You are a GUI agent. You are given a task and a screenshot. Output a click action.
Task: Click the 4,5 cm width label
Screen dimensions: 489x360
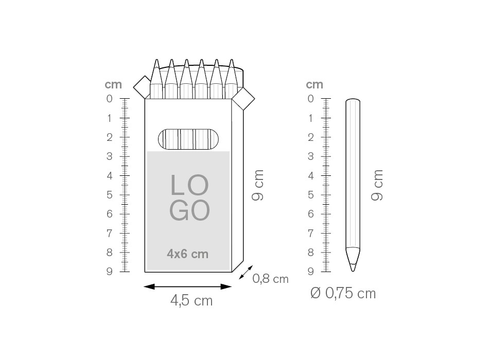191,301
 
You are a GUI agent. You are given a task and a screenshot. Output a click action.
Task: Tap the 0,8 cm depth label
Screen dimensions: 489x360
270,279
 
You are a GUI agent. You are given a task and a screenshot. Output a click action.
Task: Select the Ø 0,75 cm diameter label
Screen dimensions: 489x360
343,293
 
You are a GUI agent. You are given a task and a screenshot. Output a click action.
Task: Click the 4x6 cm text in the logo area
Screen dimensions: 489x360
187,254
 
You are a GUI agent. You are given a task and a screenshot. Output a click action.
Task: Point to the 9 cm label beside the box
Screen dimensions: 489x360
258,186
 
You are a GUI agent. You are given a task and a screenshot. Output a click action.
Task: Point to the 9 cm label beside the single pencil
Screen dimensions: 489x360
377,186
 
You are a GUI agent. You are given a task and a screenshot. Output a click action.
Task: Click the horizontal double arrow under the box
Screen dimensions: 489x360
187,286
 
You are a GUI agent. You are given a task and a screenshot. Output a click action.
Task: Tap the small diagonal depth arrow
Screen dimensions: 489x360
246,272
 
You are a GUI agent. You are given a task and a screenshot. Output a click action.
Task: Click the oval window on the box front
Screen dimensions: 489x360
188,139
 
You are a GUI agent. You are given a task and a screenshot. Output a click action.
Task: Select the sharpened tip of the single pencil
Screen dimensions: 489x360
353,271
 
